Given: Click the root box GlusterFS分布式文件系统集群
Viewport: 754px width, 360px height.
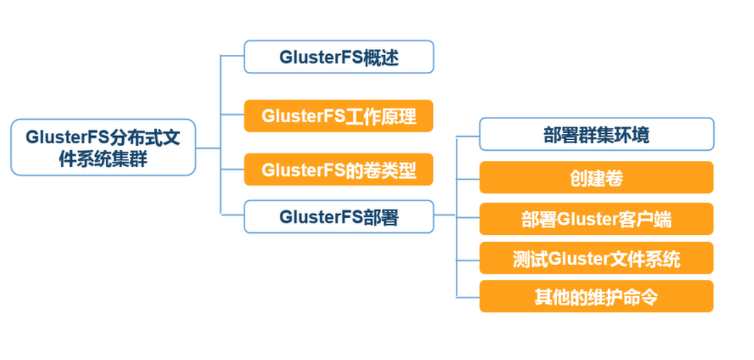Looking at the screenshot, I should point(103,147).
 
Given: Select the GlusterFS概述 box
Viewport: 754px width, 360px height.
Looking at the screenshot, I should point(338,57).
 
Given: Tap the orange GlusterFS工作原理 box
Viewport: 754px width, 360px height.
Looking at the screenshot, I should point(338,116).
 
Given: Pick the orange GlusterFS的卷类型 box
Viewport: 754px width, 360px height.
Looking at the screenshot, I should point(338,169).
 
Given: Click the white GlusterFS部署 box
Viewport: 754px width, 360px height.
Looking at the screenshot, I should point(338,217).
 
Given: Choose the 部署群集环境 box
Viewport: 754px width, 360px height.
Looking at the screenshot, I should point(596,134).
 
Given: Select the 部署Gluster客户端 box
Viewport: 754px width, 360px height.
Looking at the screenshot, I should point(596,219).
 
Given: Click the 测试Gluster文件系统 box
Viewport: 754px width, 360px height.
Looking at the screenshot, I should point(596,258).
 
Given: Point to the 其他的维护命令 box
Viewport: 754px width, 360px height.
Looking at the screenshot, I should point(596,297).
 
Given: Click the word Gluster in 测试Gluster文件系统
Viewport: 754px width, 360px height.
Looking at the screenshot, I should point(583,259).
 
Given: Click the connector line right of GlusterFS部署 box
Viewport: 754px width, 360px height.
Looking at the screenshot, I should point(444,216).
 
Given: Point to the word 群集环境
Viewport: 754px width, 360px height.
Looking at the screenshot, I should point(614,134).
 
